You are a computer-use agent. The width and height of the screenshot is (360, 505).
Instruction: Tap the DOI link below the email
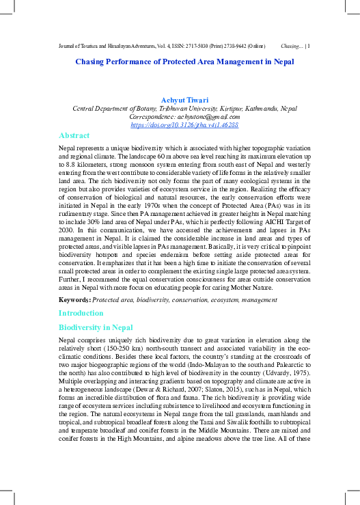pos(184,125)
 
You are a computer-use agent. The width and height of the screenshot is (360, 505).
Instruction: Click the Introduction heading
pos(81,313)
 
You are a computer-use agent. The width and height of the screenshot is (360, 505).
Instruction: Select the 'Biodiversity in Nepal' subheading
pos(94,328)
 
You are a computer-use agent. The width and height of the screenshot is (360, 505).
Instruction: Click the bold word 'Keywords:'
pos(74,299)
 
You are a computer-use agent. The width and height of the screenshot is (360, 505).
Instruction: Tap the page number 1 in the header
pos(309,46)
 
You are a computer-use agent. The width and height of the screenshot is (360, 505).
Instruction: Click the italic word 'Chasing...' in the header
pos(292,46)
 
